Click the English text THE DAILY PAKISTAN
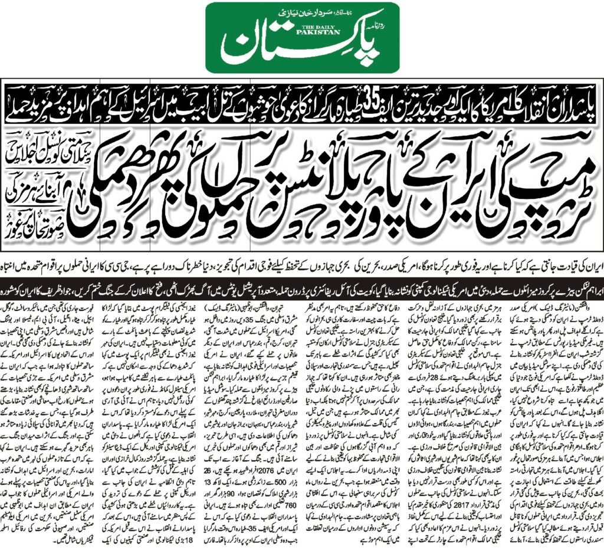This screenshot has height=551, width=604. (301, 30)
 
